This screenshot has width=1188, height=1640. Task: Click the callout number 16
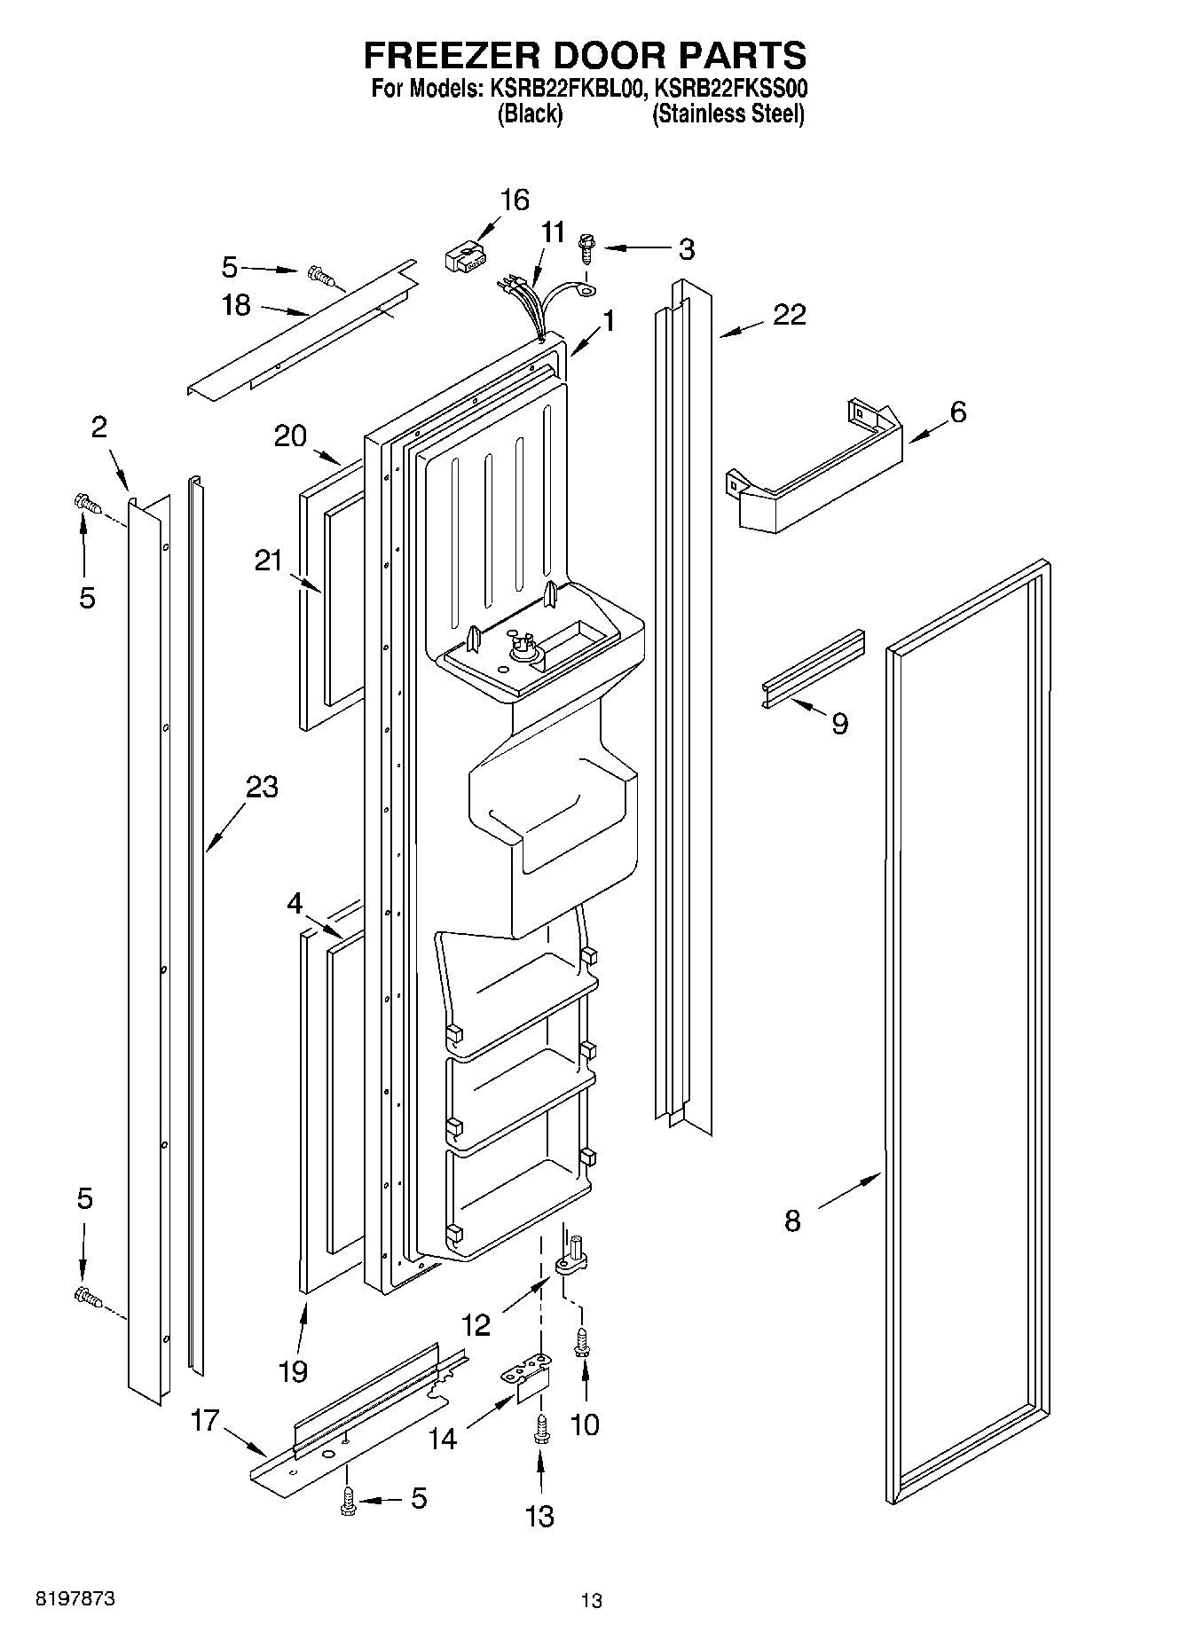coord(514,200)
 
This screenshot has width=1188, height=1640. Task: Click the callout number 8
coord(792,1220)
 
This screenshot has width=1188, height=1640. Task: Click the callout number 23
coord(262,787)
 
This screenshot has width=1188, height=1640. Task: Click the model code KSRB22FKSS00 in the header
coord(729,89)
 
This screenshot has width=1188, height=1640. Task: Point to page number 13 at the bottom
coord(591,1600)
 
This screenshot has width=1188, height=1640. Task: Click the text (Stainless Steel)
coord(728,114)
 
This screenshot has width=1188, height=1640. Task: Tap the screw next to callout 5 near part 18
coord(321,277)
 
